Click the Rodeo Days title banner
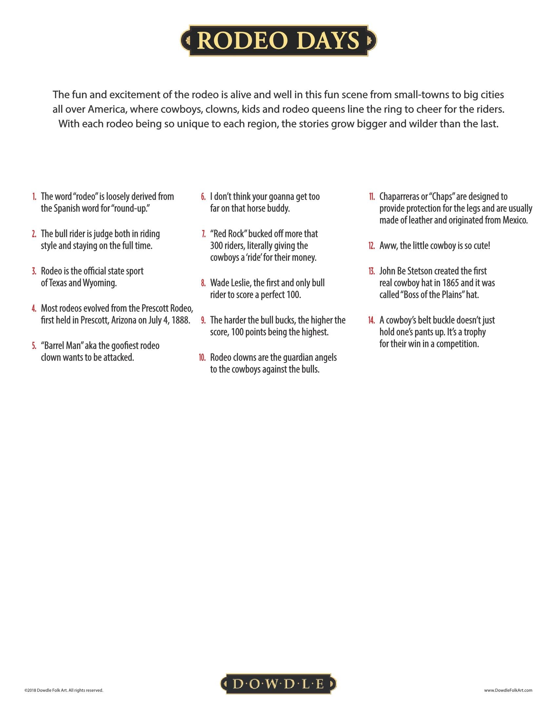[x=278, y=41]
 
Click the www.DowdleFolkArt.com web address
[x=508, y=690]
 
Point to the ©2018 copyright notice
[x=64, y=690]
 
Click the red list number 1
[x=34, y=197]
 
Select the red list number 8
[x=203, y=283]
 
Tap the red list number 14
[x=372, y=320]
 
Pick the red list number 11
[x=372, y=197]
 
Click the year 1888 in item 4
[x=181, y=320]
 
